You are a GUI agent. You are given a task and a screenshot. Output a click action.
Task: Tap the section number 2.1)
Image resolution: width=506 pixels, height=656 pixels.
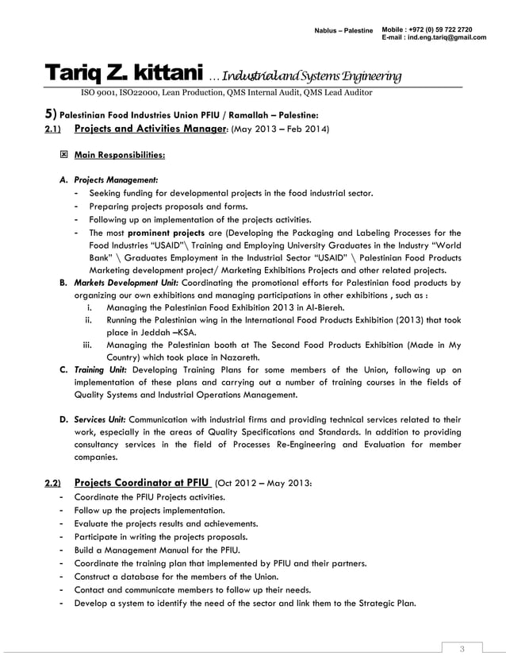tap(52, 129)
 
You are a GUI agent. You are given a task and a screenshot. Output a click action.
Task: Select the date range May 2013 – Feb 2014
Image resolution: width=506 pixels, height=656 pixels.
tap(280, 129)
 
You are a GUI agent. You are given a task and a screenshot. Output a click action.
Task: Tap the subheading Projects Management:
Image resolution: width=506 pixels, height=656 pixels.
tap(116, 179)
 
